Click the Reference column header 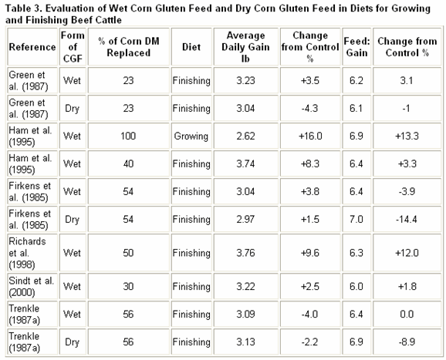[32, 47]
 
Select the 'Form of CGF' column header [73, 47]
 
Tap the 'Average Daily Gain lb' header [245, 47]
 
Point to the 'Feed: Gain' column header [357, 47]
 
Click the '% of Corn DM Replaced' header [129, 47]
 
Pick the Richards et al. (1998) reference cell [27, 253]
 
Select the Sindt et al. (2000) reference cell [32, 287]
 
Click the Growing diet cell [191, 136]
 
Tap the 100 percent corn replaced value [128, 136]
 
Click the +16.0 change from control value [310, 136]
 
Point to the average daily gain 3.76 [245, 253]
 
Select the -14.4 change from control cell [407, 220]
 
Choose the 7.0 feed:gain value [356, 220]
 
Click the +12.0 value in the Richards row [407, 253]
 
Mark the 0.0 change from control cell [407, 315]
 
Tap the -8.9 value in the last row [407, 341]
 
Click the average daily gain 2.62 [245, 136]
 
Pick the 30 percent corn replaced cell [128, 287]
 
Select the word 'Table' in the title [19, 8]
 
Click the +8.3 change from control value [310, 163]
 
